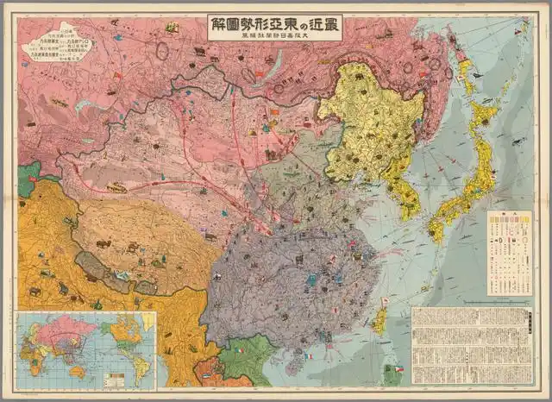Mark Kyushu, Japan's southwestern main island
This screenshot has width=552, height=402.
(436, 228)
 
